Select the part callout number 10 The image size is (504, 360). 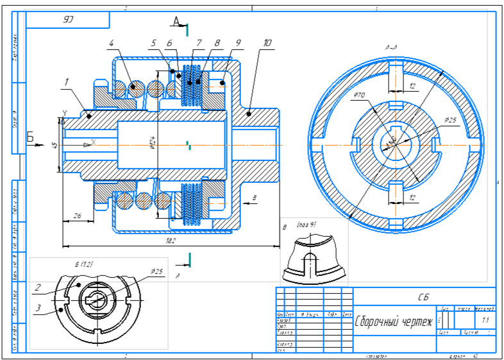(267, 44)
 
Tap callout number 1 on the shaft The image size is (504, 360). (66, 82)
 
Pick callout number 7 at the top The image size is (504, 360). (199, 44)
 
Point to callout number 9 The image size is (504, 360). (238, 44)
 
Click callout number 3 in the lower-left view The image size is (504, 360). (38, 308)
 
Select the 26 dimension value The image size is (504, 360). (76, 216)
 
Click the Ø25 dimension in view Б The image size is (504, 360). (156, 271)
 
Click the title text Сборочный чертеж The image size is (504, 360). (394, 321)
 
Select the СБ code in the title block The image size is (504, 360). (423, 296)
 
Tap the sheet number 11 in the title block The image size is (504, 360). (485, 320)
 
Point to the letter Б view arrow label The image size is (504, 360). (29, 136)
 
